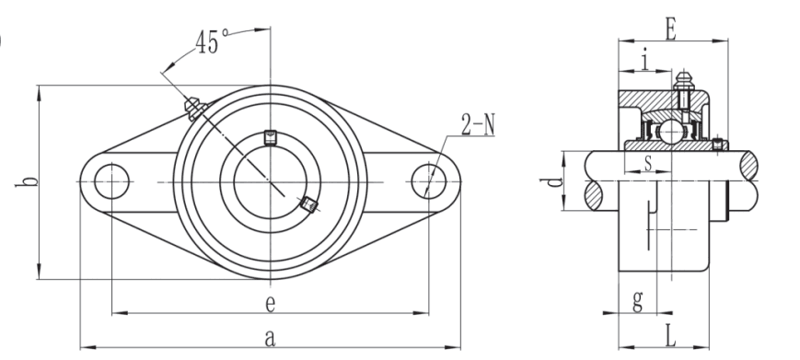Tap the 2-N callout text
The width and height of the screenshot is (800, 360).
pos(478,125)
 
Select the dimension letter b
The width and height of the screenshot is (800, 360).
pos(27,181)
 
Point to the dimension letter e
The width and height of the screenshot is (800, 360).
pos(271,304)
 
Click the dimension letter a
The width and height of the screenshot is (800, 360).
pos(271,338)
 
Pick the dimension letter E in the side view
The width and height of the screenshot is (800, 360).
pos(671,30)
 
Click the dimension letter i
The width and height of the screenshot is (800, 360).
pos(645,60)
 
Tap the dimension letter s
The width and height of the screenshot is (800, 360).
pos(648,163)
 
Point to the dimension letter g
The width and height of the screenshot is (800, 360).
pos(637,300)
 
